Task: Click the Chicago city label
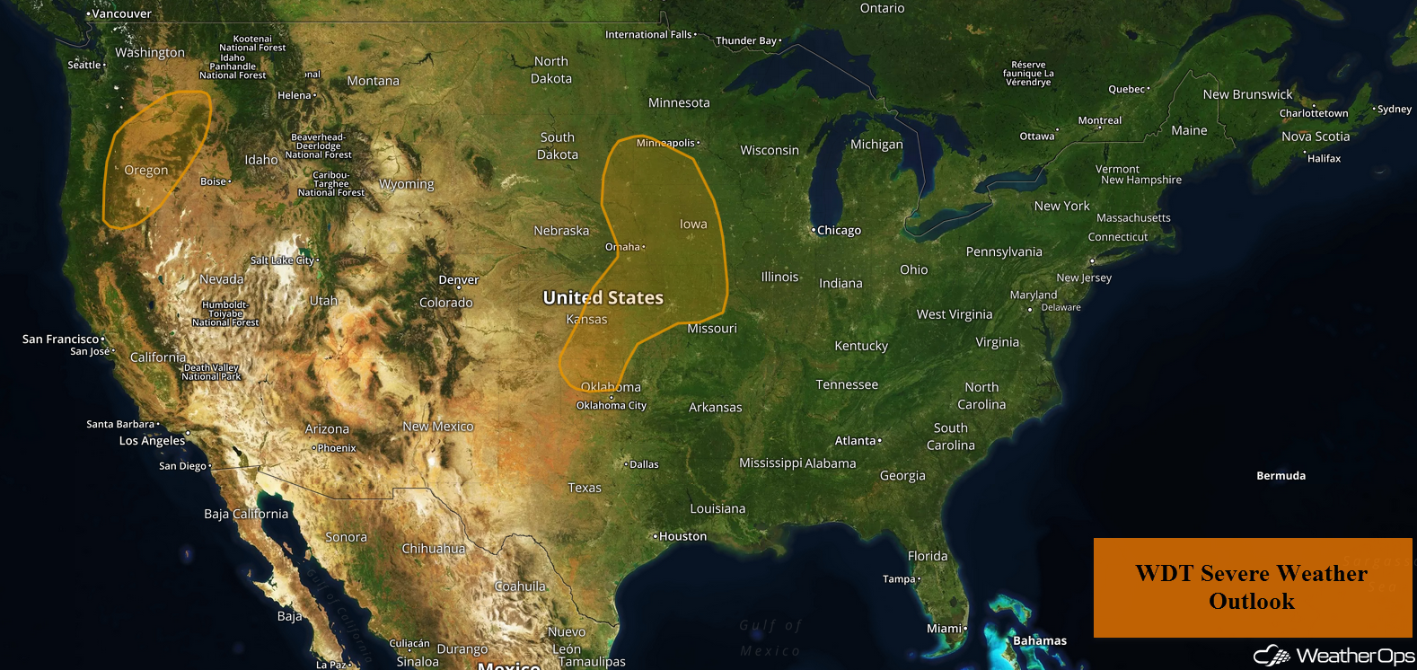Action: coord(839,231)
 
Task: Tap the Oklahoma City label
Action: coord(612,406)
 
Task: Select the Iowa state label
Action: coord(693,225)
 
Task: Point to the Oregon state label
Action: coord(146,171)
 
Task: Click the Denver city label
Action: coord(459,280)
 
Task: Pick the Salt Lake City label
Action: coord(283,260)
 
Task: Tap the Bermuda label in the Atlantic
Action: coord(1281,476)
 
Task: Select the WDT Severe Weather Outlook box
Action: coord(1252,587)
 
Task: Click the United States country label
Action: coord(603,298)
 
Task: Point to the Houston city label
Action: coord(682,537)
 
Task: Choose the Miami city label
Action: coord(945,629)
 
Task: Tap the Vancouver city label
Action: coord(122,14)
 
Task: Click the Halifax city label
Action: coord(1324,159)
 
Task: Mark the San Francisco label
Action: coord(61,339)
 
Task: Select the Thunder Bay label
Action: coord(746,41)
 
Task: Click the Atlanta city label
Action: coord(856,441)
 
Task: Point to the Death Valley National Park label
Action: coord(212,373)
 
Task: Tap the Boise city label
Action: coord(214,181)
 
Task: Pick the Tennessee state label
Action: coord(847,385)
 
